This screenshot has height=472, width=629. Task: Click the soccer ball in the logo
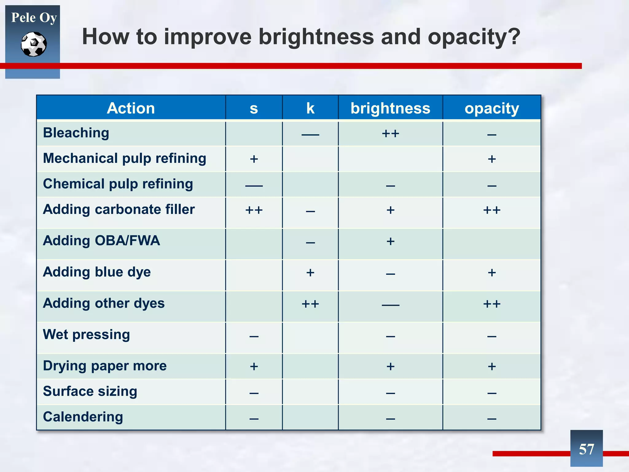34,44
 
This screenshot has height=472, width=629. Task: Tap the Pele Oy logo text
34,18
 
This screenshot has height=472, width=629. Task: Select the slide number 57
586,449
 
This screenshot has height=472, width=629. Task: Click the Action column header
131,108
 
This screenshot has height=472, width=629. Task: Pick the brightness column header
390,108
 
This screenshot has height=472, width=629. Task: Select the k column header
310,108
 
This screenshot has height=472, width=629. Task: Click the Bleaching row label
76,133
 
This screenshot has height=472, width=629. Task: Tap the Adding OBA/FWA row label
101,241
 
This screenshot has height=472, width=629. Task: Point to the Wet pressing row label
86,334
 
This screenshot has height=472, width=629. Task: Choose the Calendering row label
83,417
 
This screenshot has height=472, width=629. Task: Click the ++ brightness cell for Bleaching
390,134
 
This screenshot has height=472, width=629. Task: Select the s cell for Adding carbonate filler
254,210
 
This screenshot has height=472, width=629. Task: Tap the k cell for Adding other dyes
310,304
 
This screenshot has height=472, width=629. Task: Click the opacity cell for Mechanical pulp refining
492,159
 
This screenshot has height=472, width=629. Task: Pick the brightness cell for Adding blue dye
390,273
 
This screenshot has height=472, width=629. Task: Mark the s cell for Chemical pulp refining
254,185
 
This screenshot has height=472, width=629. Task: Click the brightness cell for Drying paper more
390,366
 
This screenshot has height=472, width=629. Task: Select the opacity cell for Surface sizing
492,393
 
